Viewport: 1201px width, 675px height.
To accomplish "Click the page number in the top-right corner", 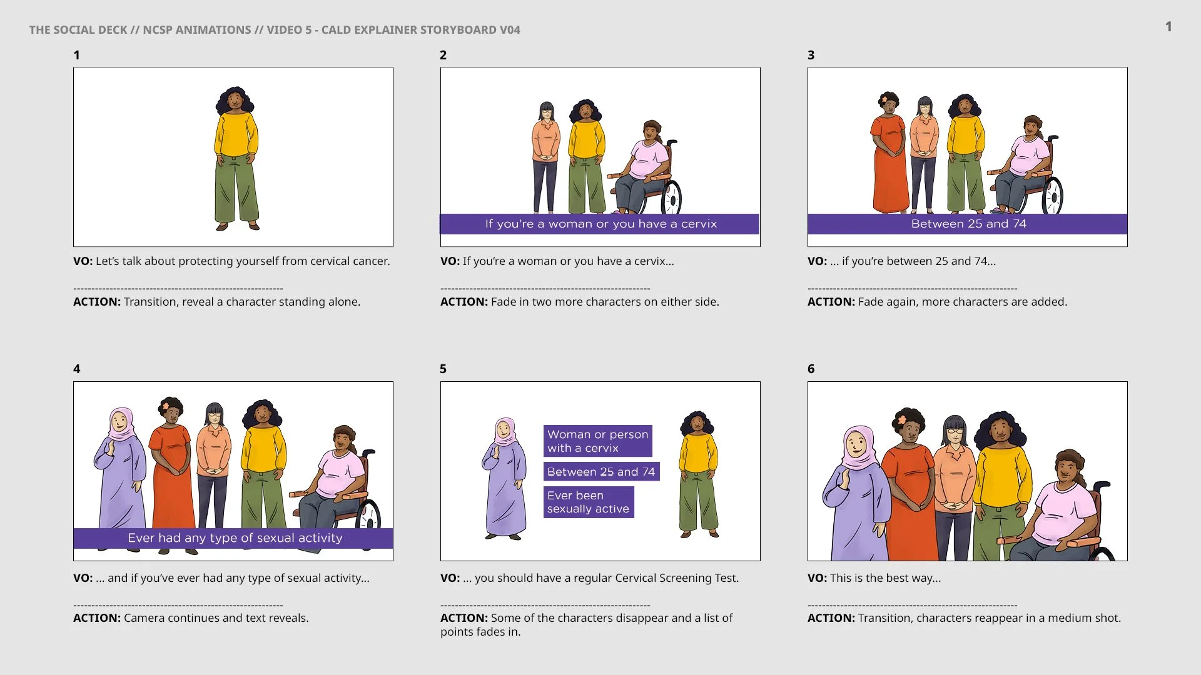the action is click(x=1168, y=26).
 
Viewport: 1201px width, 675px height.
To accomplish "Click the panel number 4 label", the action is click(x=76, y=369).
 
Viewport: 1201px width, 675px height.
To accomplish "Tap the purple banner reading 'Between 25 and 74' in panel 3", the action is click(x=967, y=224).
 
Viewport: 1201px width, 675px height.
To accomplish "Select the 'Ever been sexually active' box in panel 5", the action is click(x=589, y=502).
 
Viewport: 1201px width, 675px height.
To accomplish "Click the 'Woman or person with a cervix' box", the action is click(x=597, y=441).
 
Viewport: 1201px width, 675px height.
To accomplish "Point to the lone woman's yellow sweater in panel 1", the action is click(x=236, y=135).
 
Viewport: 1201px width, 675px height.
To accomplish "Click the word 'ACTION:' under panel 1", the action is click(x=97, y=302).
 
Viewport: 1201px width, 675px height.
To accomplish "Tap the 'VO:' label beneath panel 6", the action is click(x=817, y=578).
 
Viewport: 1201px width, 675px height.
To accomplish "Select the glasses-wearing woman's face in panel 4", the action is click(x=214, y=416).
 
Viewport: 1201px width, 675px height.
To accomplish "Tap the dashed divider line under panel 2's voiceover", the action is click(x=545, y=289).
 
